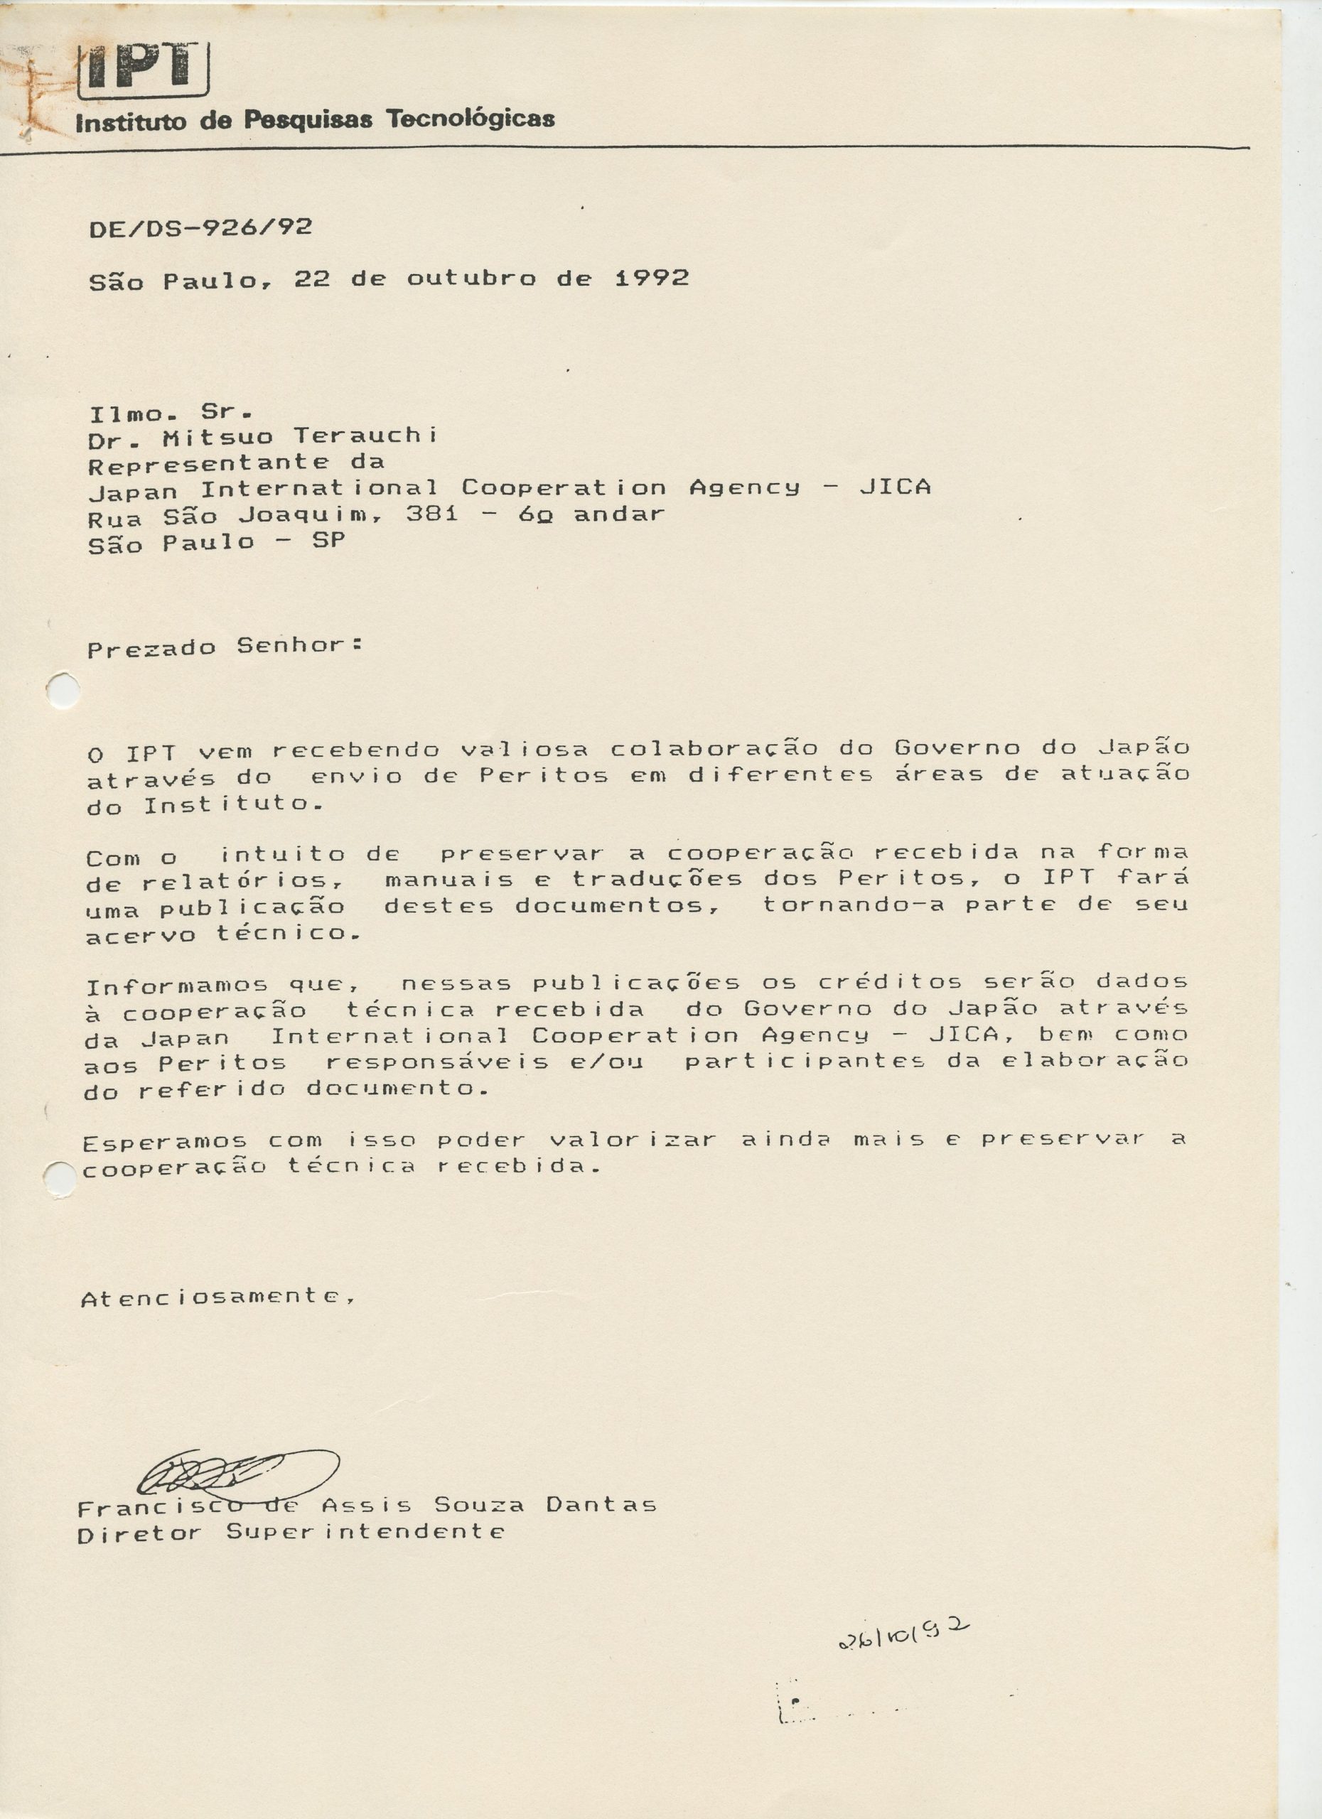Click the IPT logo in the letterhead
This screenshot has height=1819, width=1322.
pos(144,69)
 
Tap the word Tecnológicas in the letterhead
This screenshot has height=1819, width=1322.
pos(471,119)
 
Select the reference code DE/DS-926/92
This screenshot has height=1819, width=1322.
pos(200,228)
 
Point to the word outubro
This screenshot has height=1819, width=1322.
pos(471,279)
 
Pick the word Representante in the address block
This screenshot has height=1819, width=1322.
pos(208,463)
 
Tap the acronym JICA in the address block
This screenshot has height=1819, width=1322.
pos(894,487)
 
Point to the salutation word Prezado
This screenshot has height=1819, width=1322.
pos(151,648)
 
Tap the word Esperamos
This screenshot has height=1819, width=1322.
pos(165,1142)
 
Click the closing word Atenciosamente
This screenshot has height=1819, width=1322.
pos(217,1297)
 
